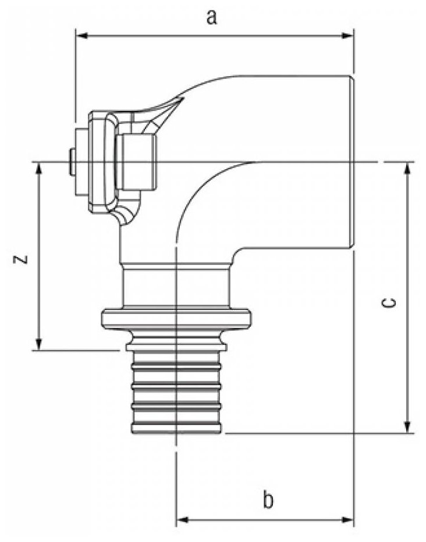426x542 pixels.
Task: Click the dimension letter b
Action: pyautogui.click(x=267, y=499)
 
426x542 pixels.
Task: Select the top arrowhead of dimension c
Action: pyautogui.click(x=408, y=167)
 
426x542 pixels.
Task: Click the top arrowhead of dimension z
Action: pyautogui.click(x=40, y=167)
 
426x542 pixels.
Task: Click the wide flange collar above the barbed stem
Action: pyautogui.click(x=176, y=318)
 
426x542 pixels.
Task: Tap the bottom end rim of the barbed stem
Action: pyautogui.click(x=176, y=429)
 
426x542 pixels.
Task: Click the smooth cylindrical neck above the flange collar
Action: pyautogui.click(x=176, y=285)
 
